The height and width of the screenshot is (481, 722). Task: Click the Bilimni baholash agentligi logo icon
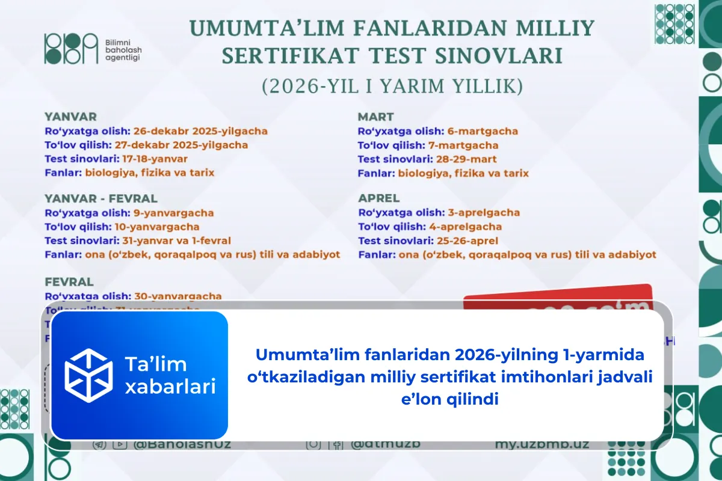(x=70, y=49)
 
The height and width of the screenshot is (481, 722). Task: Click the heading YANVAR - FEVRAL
(x=101, y=198)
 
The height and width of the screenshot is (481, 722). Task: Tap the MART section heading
(x=375, y=117)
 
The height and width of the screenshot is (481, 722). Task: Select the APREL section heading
(x=379, y=198)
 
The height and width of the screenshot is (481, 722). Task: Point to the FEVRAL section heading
(x=69, y=281)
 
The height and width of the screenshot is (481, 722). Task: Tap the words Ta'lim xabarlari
(x=170, y=376)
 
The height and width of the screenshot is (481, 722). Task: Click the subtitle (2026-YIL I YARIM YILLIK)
(x=392, y=87)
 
